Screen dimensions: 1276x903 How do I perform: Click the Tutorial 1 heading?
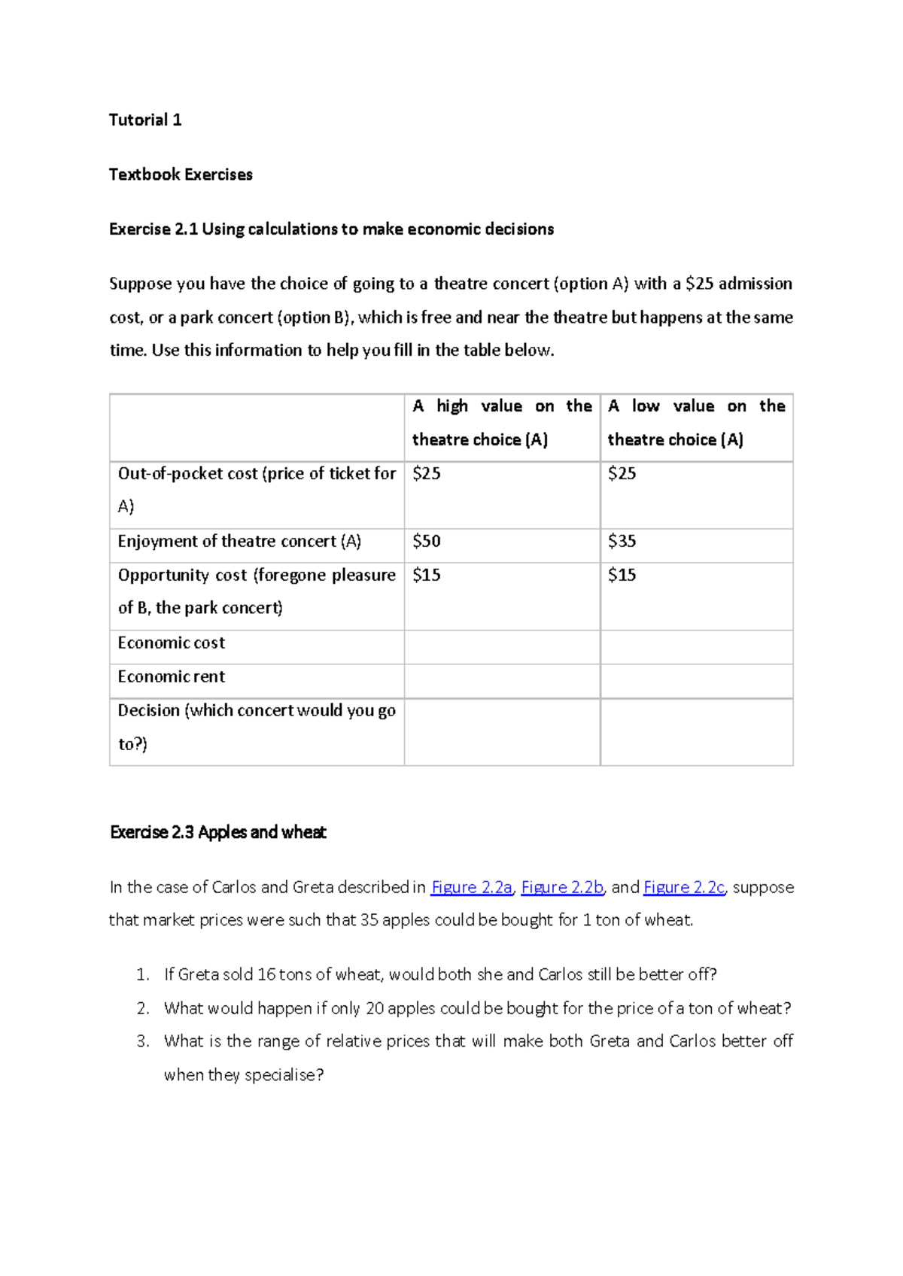tap(145, 120)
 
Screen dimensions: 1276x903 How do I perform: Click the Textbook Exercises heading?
tap(181, 175)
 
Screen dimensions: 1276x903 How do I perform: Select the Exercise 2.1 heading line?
tap(331, 229)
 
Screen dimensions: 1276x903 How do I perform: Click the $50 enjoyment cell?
tap(427, 541)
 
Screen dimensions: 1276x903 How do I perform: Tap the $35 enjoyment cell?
tap(622, 541)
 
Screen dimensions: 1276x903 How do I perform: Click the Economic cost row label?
tap(172, 643)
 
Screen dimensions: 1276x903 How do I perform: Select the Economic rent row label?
tap(172, 677)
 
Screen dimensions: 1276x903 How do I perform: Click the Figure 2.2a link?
tap(472, 888)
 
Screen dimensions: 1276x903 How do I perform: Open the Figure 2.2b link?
tap(562, 888)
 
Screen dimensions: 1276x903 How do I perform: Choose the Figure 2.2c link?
tap(684, 888)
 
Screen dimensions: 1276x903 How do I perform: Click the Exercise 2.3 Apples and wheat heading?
tap(218, 832)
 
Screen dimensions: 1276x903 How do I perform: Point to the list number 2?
tap(143, 1008)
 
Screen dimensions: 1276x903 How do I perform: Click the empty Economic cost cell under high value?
tap(502, 647)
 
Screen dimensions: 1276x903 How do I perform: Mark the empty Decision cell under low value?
tap(696, 732)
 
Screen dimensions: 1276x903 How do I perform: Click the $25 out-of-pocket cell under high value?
tap(427, 474)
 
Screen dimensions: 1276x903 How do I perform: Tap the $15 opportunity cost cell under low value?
tap(622, 576)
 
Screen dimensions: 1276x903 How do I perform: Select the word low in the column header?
tap(646, 406)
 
